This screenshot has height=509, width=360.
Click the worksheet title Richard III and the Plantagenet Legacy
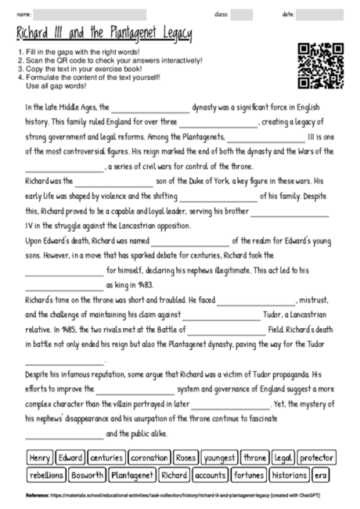(x=103, y=36)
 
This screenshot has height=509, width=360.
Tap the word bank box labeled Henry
(x=39, y=457)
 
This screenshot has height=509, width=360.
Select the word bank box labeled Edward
(x=70, y=457)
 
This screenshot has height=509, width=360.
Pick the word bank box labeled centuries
(x=106, y=457)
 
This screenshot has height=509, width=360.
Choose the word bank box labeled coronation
(x=149, y=457)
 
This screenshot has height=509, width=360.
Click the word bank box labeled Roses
(x=185, y=457)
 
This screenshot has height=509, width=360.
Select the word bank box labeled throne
(x=255, y=457)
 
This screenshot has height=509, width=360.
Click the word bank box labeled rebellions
(x=46, y=475)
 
